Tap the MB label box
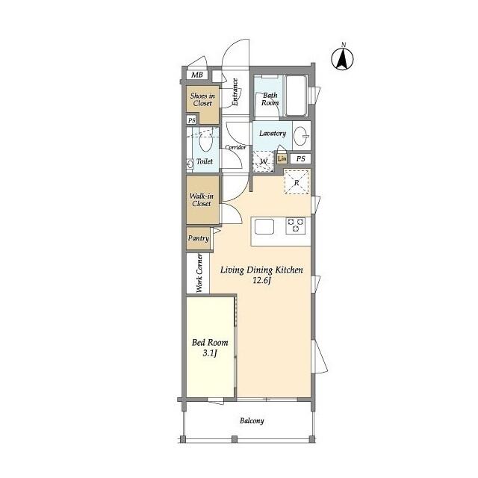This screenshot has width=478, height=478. tap(196, 75)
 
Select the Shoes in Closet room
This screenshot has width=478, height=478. tap(202, 99)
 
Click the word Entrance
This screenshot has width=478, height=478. tap(235, 93)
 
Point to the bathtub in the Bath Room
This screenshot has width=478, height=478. tap(297, 96)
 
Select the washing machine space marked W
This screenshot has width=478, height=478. tap(264, 161)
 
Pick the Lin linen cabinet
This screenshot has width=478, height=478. tap(282, 158)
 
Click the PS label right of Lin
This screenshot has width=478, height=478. tap(300, 159)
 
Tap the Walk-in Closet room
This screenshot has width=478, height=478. tap(202, 199)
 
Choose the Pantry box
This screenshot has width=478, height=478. tap(198, 239)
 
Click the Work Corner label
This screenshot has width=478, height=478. tap(199, 273)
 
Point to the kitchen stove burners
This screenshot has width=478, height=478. tap(297, 225)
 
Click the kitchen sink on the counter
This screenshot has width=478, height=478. tap(266, 226)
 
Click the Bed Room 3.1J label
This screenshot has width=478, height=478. tap(210, 348)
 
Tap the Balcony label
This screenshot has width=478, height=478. tap(252, 420)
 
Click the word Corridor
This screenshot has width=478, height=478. tap(236, 147)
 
